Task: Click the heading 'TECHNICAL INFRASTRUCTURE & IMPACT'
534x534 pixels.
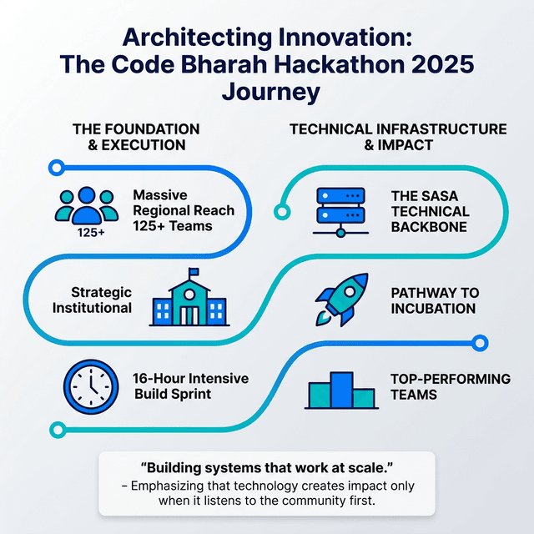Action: [x=397, y=137]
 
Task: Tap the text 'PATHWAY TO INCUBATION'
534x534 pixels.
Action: [x=435, y=300]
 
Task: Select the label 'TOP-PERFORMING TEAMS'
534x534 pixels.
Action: [x=450, y=386]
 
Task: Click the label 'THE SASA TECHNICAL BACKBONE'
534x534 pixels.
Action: [x=431, y=212]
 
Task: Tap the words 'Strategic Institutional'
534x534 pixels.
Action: [x=93, y=300]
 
